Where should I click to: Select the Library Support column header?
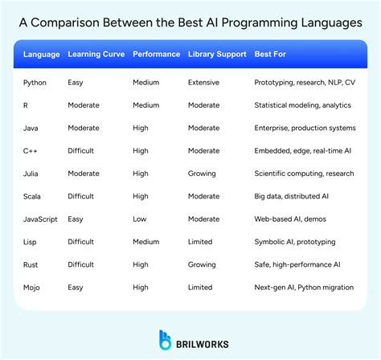point(216,55)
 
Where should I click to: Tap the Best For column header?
point(270,55)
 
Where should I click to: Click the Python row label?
point(35,82)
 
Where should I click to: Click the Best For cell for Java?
point(305,127)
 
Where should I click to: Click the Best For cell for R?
point(303,104)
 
